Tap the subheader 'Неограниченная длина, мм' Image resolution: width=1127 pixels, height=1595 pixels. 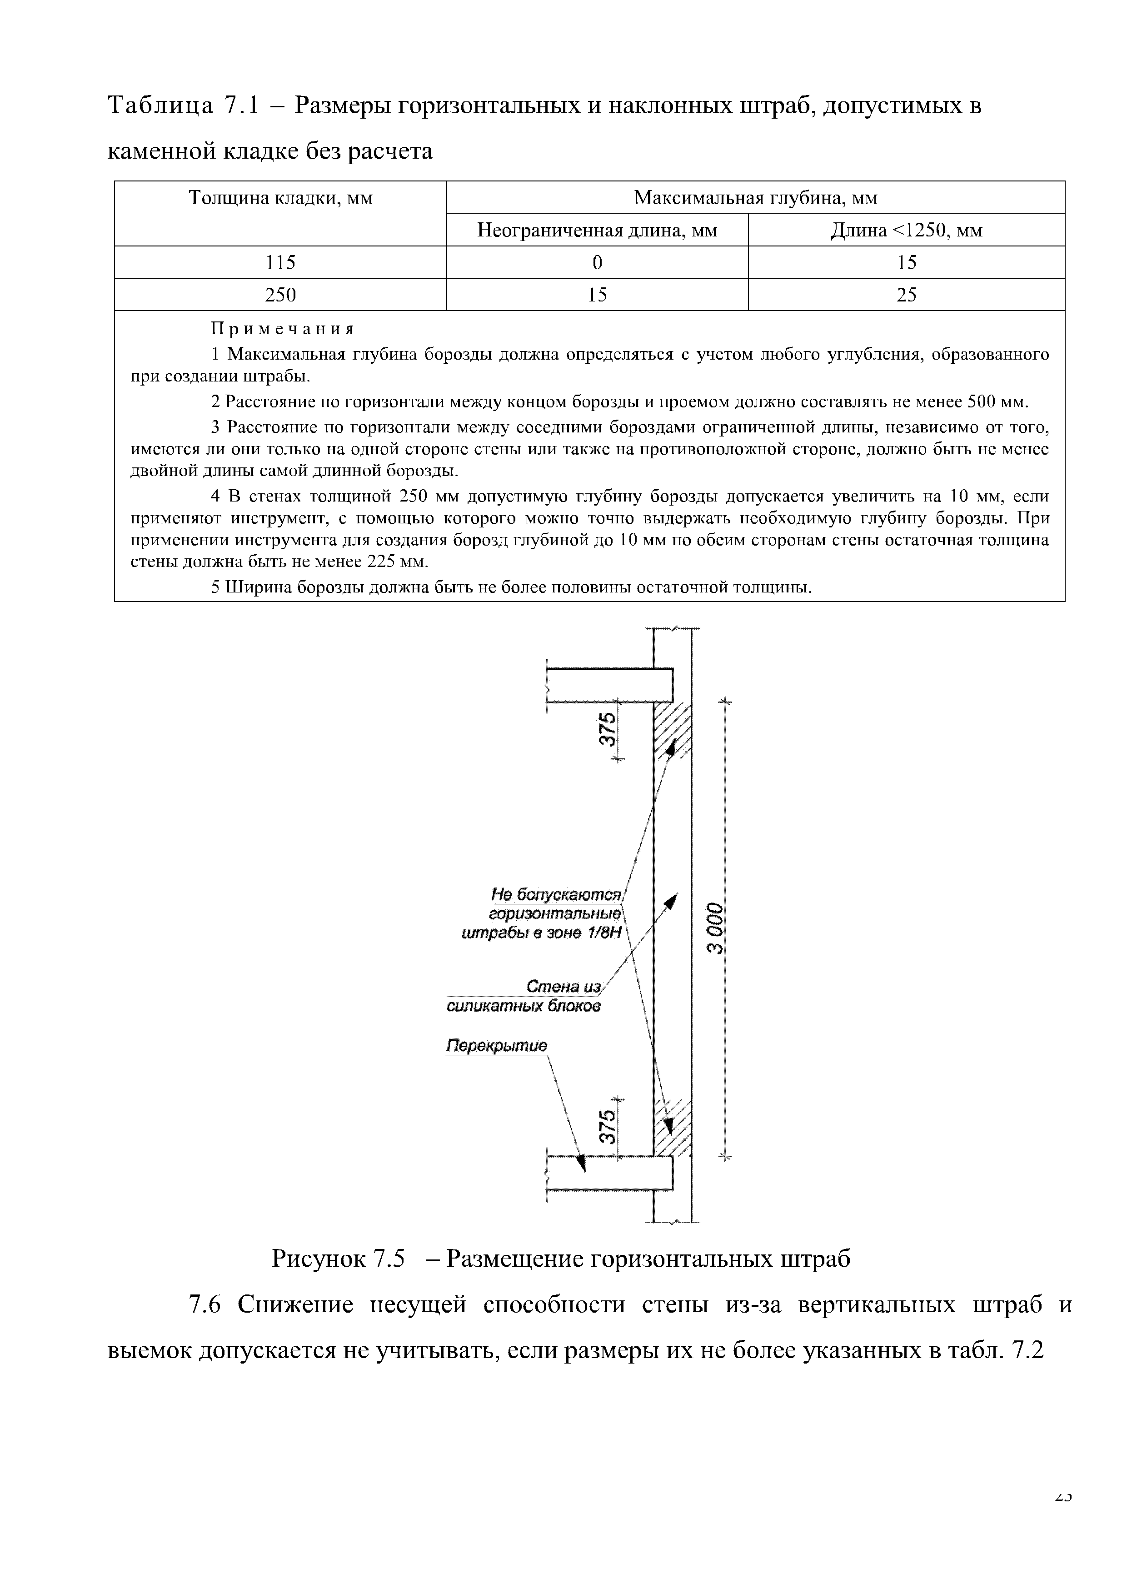(x=597, y=231)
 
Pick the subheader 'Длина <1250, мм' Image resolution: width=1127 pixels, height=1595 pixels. (x=906, y=231)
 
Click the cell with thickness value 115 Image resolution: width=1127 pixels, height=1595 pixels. (x=280, y=263)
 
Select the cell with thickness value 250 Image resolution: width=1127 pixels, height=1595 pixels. (x=280, y=295)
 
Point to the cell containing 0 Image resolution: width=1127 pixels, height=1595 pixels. (x=597, y=263)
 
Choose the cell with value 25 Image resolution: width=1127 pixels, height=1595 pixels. (x=906, y=295)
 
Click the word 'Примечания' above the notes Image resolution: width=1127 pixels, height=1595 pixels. (x=283, y=329)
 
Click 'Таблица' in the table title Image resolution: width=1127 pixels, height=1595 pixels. (x=160, y=106)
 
